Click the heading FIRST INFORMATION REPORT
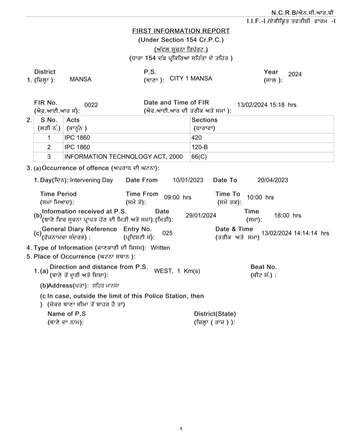click(181, 31)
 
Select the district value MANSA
click(80, 79)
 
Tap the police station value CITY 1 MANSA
click(191, 79)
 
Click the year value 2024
click(295, 74)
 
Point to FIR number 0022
click(91, 105)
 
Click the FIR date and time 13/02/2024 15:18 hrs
click(267, 105)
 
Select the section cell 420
click(197, 138)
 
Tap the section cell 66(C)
click(199, 157)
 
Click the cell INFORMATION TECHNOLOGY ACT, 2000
click(123, 157)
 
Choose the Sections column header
click(204, 120)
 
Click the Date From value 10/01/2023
click(188, 180)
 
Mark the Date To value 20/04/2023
click(273, 180)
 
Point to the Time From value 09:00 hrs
click(178, 198)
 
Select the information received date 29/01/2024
click(201, 216)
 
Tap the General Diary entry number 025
click(167, 233)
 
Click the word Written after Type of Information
click(160, 248)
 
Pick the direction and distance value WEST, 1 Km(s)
click(177, 271)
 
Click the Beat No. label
click(263, 267)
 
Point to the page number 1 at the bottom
click(181, 429)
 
